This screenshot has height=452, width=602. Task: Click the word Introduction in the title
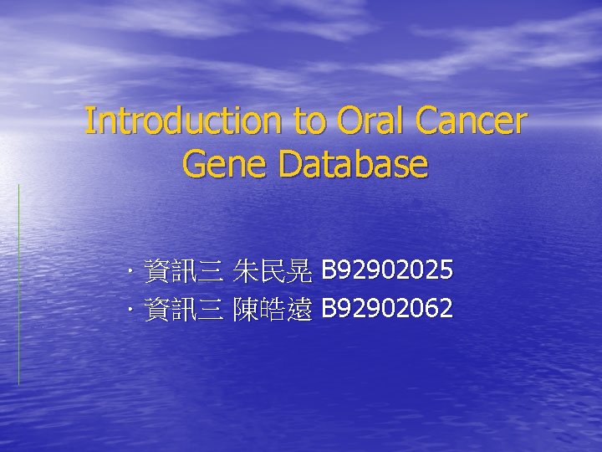click(185, 121)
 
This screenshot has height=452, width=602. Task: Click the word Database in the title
click(354, 164)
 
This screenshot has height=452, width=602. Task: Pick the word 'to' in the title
click(310, 122)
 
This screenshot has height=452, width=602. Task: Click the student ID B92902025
click(388, 270)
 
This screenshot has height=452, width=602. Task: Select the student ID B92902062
click(388, 310)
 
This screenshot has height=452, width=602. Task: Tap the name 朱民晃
click(273, 270)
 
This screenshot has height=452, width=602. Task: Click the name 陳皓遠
click(273, 310)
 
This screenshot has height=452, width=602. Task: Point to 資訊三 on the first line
click(183, 270)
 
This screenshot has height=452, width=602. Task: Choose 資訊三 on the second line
click(183, 310)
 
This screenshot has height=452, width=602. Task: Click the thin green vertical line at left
click(18, 285)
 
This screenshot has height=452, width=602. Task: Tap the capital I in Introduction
click(89, 121)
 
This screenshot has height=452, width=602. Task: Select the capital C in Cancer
click(431, 121)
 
